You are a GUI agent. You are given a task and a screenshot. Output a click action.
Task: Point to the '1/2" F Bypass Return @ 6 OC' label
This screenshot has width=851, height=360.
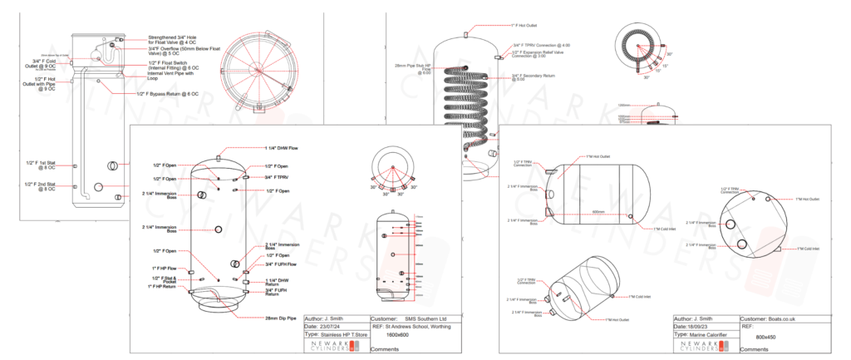click(170, 94)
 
